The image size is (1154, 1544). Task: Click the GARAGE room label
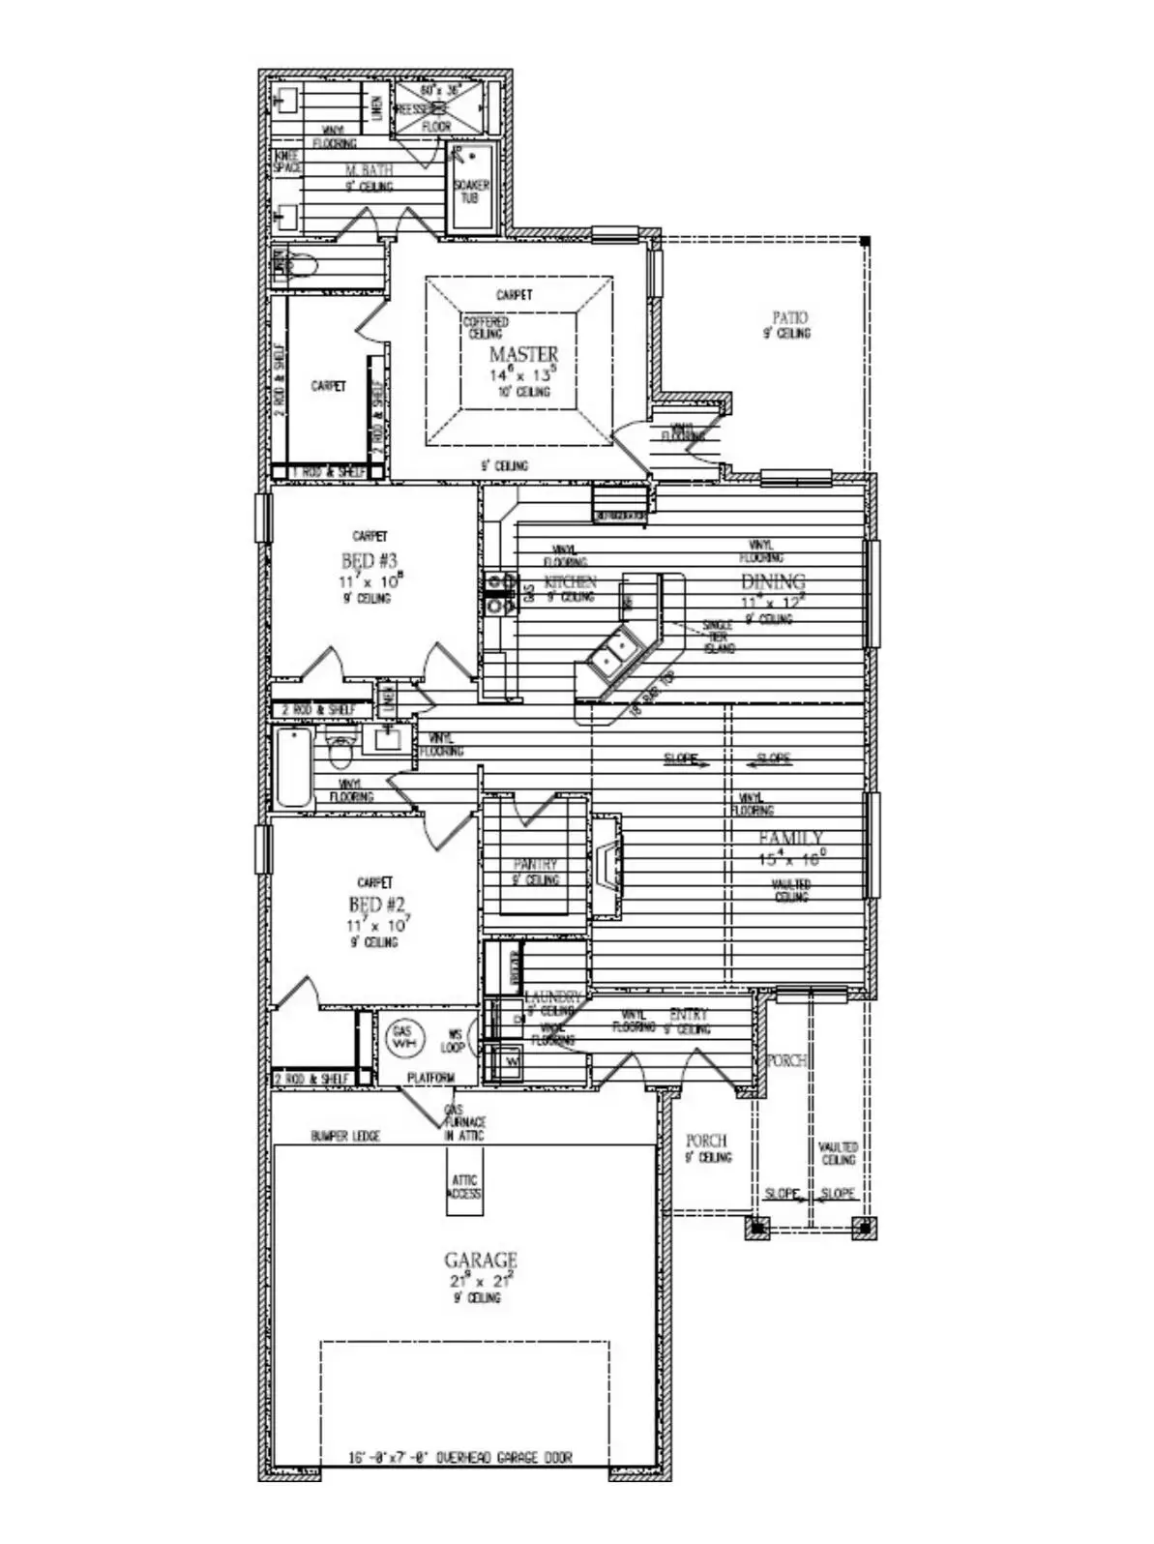[x=480, y=1261]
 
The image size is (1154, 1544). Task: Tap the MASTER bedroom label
[x=523, y=354]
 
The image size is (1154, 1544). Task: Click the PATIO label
[x=789, y=317]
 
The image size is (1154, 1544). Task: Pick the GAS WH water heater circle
[x=401, y=1038]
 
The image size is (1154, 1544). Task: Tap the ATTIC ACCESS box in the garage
[x=464, y=1187]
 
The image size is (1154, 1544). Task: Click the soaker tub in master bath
[x=471, y=188]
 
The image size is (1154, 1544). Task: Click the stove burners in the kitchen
[x=500, y=593]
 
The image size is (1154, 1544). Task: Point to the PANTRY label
[x=535, y=864]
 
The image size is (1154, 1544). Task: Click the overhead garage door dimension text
[x=459, y=1457]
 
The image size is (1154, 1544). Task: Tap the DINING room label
[x=773, y=581]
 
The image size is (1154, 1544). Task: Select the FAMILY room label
[x=790, y=838]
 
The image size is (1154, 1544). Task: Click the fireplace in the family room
[x=607, y=864]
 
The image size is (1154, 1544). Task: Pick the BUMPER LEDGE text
[x=345, y=1136]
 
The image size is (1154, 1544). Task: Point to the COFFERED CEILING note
[x=485, y=327]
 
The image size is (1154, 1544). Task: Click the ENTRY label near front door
[x=688, y=1015]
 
